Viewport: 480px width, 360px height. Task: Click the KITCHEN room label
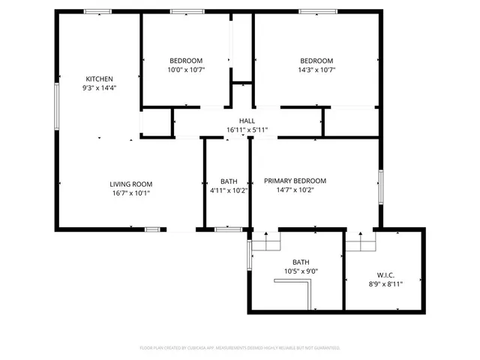(x=99, y=79)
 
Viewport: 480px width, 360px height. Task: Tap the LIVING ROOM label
(x=131, y=184)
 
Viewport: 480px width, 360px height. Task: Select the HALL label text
(x=247, y=121)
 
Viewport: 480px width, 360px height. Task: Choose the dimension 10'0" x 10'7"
(x=185, y=70)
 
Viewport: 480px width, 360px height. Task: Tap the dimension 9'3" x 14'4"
(x=99, y=88)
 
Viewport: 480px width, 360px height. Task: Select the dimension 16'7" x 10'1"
(x=131, y=193)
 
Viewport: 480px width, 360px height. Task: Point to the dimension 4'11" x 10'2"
(x=229, y=190)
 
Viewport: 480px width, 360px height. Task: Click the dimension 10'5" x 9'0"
(x=301, y=271)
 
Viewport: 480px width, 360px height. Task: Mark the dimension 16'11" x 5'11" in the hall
(x=247, y=130)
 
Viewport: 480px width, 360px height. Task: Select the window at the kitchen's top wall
(x=97, y=11)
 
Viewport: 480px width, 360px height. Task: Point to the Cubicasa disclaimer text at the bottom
(x=240, y=348)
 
